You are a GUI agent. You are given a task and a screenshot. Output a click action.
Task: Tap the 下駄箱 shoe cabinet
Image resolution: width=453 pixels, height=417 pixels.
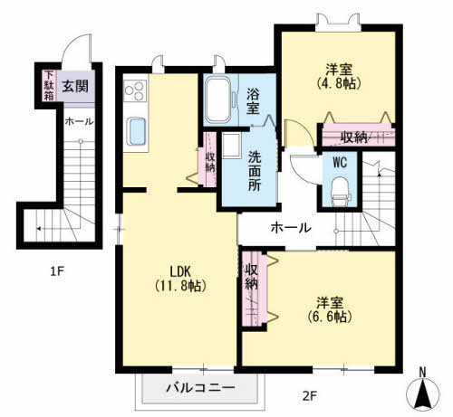click(49, 86)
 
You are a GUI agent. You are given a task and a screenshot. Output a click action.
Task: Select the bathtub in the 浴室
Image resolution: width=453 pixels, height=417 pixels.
click(217, 100)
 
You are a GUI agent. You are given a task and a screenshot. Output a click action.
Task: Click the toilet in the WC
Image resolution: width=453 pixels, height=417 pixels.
click(341, 192)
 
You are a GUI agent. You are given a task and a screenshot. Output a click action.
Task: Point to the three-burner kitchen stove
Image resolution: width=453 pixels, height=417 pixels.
click(135, 90)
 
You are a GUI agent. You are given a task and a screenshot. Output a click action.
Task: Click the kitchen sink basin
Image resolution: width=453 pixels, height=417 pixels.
click(136, 131)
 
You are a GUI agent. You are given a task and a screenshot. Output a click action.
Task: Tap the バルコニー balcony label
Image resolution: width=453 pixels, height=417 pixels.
click(200, 387)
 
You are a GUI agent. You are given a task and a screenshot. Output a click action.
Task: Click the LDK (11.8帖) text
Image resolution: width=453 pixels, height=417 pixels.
click(180, 279)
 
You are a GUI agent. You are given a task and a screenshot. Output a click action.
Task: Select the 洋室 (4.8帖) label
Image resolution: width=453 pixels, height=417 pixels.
click(339, 76)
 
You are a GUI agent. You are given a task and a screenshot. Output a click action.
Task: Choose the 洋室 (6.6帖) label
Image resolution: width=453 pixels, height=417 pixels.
click(330, 309)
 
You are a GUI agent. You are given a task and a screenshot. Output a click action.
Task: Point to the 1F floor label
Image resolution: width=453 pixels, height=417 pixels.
click(57, 271)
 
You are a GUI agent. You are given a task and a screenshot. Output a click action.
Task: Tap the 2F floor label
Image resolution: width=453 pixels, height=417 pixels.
click(309, 395)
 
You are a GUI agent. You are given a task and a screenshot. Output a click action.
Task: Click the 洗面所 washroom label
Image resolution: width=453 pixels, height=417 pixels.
click(255, 171)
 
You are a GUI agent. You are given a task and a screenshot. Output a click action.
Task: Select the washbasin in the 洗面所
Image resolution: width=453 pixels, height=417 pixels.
click(231, 146)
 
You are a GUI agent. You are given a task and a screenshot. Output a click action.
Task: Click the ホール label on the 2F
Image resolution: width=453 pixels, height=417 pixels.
click(291, 228)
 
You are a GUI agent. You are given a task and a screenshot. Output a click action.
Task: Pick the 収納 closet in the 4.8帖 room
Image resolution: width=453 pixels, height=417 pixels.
click(359, 136)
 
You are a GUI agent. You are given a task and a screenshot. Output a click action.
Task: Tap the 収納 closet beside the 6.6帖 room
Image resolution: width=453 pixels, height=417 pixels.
click(255, 289)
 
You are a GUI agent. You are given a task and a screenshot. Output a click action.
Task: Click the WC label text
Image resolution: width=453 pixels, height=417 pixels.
click(340, 163)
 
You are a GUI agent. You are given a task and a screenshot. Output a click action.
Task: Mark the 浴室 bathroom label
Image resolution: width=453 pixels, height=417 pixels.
click(253, 101)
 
